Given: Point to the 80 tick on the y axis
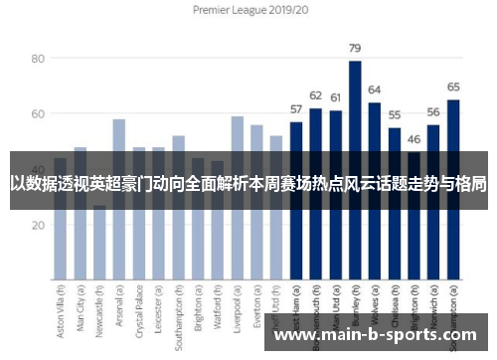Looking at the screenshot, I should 39,59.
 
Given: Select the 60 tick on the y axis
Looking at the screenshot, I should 39,114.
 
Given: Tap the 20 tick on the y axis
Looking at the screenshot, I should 39,225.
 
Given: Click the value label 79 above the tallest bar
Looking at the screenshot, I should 355,48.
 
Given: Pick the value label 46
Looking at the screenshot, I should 414,139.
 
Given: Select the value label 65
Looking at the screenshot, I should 453,87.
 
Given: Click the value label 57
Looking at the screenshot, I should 296,108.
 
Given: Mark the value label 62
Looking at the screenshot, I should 316,95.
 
